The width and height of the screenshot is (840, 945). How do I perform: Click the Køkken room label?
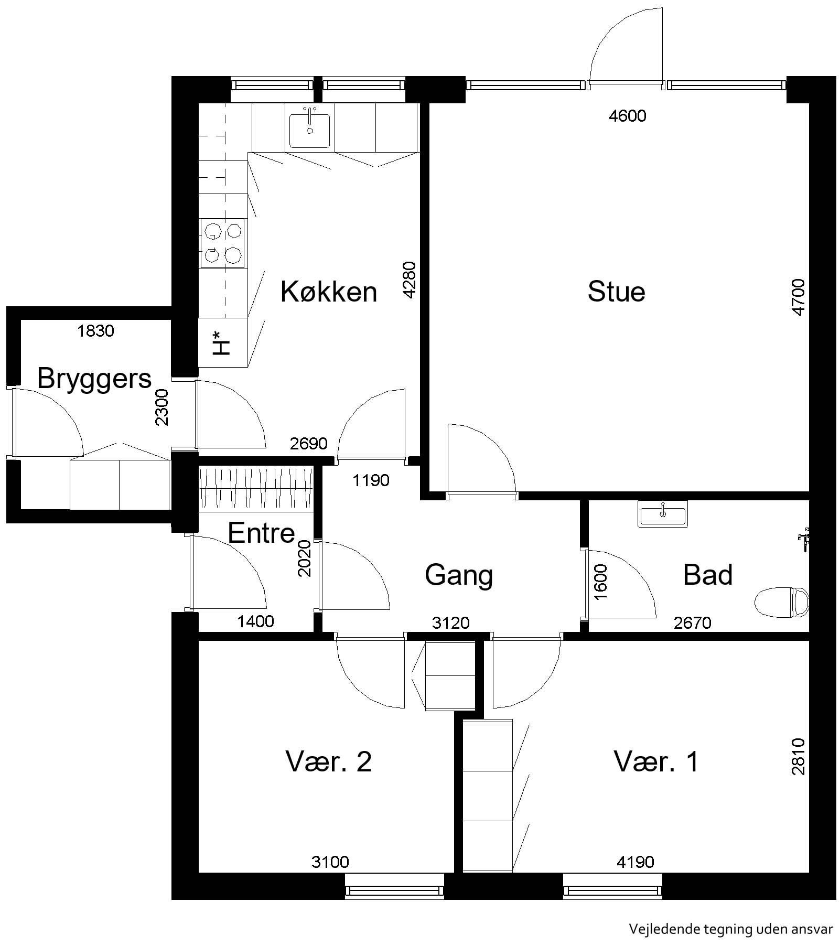coord(329,292)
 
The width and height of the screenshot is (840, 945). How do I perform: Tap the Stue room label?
coord(616,292)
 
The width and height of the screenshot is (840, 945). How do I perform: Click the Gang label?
coord(459,576)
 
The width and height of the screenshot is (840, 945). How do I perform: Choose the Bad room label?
coord(708,575)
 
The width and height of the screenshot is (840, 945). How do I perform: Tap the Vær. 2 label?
coord(329,761)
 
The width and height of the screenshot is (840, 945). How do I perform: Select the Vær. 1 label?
coord(656,761)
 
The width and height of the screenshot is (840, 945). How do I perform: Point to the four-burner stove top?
coord(223,243)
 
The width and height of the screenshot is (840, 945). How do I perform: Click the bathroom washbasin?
coord(663,514)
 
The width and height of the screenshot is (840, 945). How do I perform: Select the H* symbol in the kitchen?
coord(222,342)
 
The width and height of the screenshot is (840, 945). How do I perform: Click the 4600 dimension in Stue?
coord(628,116)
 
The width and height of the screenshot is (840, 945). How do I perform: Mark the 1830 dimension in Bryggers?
coord(95,331)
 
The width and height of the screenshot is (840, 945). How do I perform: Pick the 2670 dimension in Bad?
coord(693,623)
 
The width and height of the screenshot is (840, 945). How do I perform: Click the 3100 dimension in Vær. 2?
coord(330,862)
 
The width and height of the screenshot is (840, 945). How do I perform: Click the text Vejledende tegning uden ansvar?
coord(731,929)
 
